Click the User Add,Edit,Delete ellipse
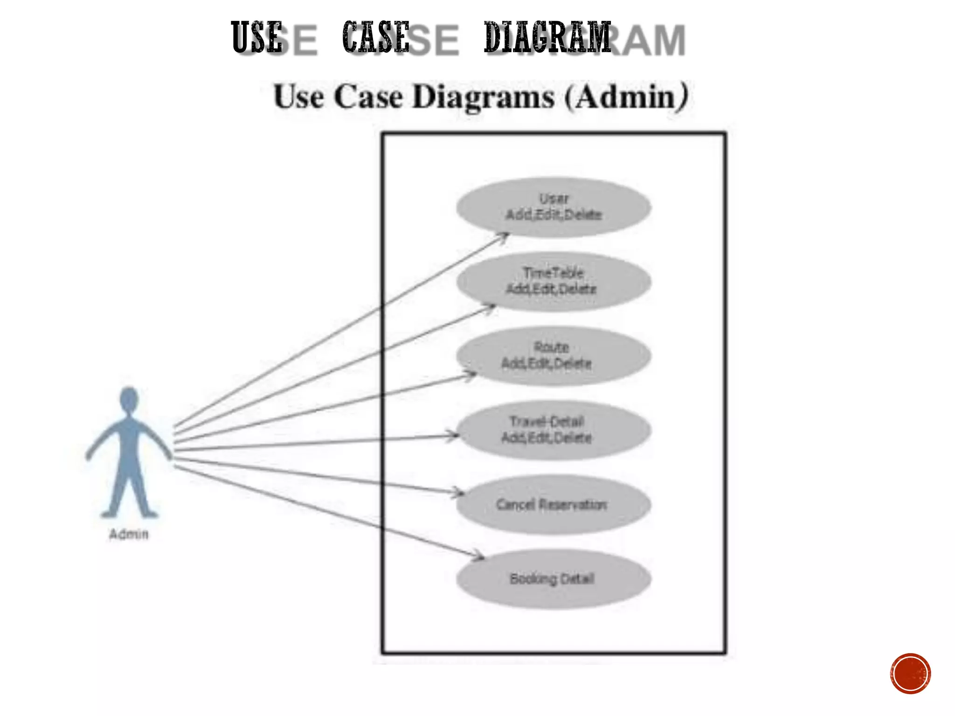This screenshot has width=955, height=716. pyautogui.click(x=554, y=207)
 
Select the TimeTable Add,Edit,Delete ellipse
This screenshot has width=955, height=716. pyautogui.click(x=554, y=281)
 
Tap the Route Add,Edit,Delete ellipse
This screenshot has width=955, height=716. pyautogui.click(x=554, y=356)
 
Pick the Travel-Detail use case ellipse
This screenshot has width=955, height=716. pyautogui.click(x=554, y=430)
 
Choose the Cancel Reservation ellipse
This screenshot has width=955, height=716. pyautogui.click(x=554, y=504)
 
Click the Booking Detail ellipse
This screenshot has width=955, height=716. pyautogui.click(x=554, y=579)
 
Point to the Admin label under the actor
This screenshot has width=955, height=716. pyautogui.click(x=129, y=534)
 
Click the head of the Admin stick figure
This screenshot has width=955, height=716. pyautogui.click(x=129, y=400)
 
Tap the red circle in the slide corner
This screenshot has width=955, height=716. pyautogui.click(x=910, y=674)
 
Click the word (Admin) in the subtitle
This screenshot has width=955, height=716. pyautogui.click(x=626, y=97)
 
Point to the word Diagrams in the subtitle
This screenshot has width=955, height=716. pyautogui.click(x=484, y=97)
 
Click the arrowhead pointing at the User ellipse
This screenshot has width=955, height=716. pyautogui.click(x=504, y=236)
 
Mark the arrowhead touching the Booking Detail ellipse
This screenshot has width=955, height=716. pyautogui.click(x=479, y=556)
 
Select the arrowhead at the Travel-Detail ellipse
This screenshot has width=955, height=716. pyautogui.click(x=454, y=435)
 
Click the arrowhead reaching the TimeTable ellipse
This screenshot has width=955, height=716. pyautogui.click(x=491, y=307)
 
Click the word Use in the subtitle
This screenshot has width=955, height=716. pyautogui.click(x=298, y=97)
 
